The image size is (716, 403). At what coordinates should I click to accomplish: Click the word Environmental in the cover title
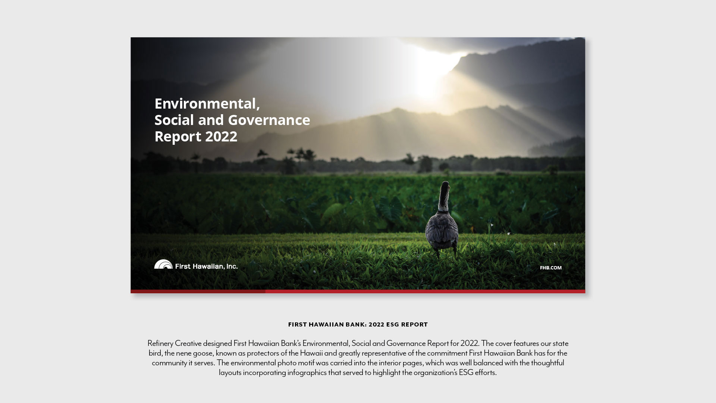tap(207, 104)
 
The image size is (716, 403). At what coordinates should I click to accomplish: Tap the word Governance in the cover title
tap(269, 120)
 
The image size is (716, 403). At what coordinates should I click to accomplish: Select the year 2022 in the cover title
tap(221, 137)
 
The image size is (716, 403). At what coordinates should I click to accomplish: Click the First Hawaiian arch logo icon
tap(163, 264)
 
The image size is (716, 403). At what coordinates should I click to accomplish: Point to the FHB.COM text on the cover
tap(551, 268)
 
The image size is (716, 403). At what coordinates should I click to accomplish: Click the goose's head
tap(445, 185)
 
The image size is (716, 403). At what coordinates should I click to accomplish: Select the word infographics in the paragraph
tap(307, 372)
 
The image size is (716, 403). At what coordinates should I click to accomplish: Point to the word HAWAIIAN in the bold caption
tap(325, 325)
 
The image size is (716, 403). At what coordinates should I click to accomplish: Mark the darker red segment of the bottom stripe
tap(198, 291)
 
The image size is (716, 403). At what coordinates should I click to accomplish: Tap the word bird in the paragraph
tap(155, 353)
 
